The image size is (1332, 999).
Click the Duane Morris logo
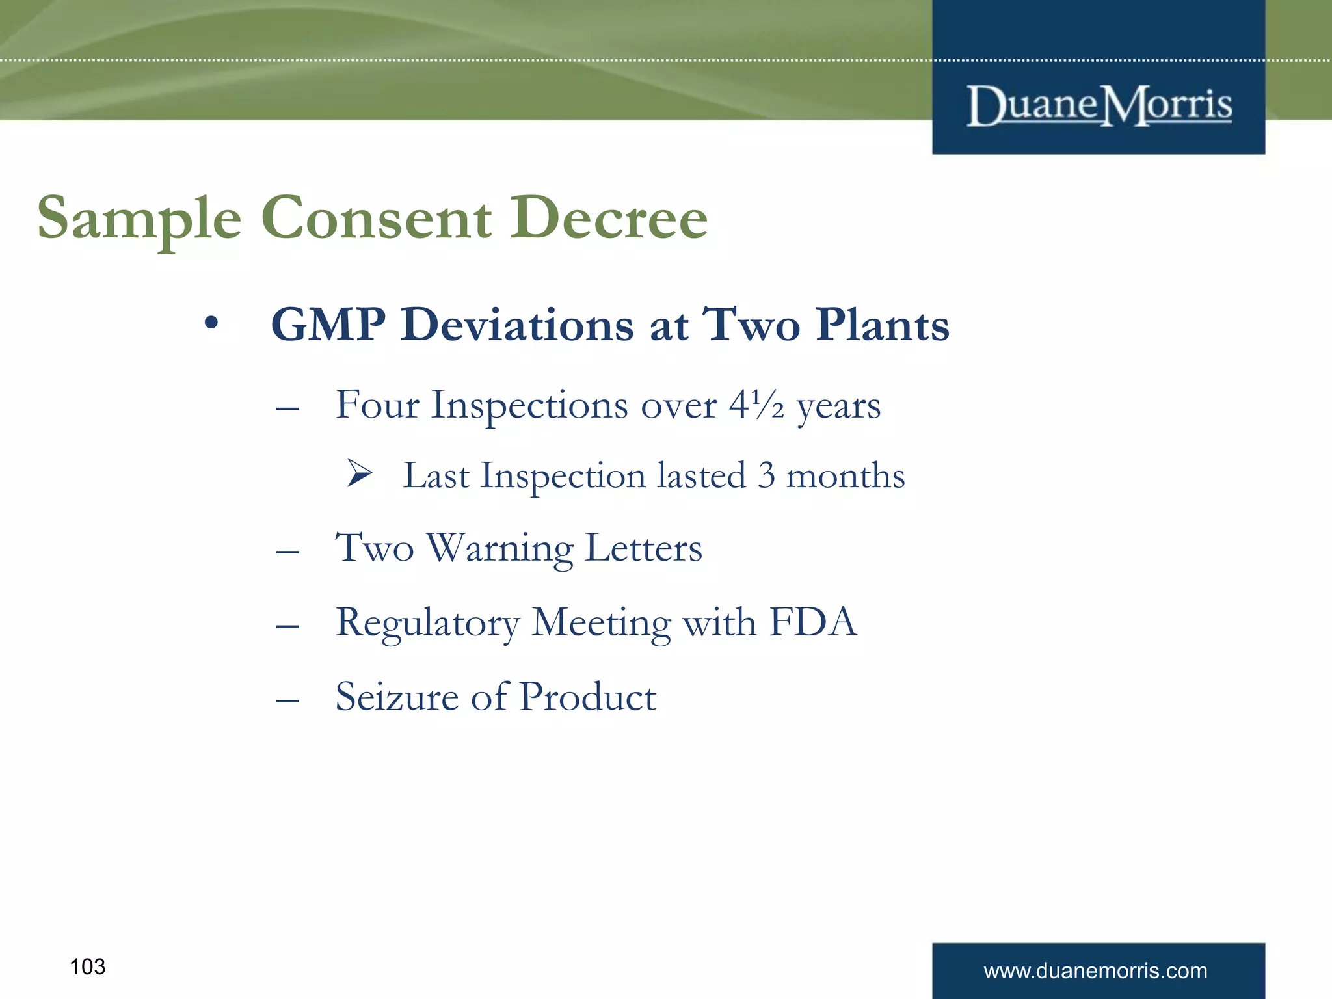click(x=1099, y=105)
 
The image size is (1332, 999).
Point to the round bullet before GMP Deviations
click(x=210, y=323)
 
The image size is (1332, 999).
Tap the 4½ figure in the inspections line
click(x=756, y=405)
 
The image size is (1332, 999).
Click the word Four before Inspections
click(x=377, y=405)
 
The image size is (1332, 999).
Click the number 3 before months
click(x=766, y=475)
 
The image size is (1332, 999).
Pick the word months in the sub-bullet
click(x=846, y=475)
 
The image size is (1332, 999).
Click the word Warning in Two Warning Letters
click(x=499, y=548)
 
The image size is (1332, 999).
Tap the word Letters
click(x=644, y=548)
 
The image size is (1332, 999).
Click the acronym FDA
click(x=813, y=622)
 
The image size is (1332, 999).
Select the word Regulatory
click(x=427, y=623)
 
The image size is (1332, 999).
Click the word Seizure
click(x=397, y=697)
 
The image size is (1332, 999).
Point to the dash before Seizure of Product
click(x=287, y=700)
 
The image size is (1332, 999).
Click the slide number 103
click(x=87, y=967)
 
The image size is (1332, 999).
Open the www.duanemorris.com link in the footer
click(x=1095, y=971)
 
